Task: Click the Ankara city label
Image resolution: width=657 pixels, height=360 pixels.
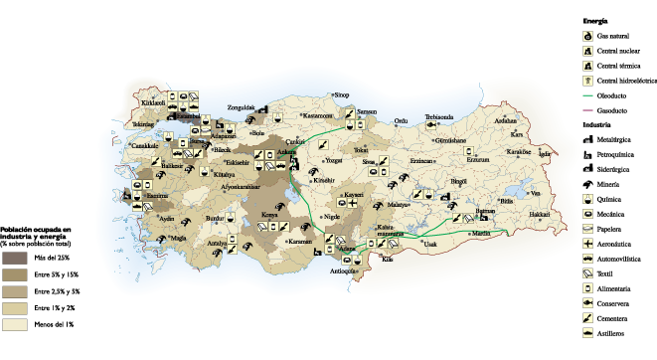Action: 286,152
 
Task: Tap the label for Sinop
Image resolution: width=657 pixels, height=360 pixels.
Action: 342,94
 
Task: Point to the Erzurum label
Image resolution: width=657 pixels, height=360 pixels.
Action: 479,159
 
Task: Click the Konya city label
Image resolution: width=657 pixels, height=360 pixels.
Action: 269,214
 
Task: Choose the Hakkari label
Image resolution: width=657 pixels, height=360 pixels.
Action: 539,214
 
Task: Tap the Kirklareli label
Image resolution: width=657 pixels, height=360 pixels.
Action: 152,102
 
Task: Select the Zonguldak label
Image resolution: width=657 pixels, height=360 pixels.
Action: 242,106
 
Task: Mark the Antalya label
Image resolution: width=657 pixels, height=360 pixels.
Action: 217,243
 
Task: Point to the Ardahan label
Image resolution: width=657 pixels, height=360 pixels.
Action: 505,120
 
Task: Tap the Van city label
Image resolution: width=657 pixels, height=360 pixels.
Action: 536,193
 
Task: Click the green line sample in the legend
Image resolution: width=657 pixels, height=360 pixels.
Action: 587,95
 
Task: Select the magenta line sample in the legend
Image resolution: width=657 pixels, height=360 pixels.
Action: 587,109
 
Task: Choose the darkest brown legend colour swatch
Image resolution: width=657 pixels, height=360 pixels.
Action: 14,258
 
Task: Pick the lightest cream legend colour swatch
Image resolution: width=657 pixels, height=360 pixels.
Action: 14,325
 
